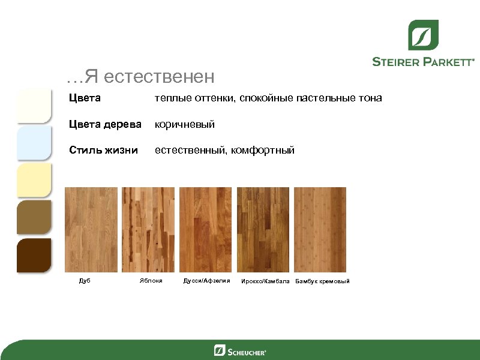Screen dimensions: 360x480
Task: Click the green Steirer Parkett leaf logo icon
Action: tap(423, 35)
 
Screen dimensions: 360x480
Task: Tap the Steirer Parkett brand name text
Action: tap(423, 61)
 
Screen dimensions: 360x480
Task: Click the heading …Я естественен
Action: tap(140, 77)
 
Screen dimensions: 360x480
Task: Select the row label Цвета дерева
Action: tap(105, 124)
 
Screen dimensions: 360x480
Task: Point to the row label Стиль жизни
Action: tap(103, 150)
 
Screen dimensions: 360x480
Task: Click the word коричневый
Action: tap(185, 124)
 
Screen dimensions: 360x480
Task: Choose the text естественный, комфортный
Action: tap(224, 150)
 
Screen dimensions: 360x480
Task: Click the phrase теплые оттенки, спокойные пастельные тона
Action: tap(268, 98)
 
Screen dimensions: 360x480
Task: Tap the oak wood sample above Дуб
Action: tap(91, 230)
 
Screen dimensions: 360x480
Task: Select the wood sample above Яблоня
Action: tap(148, 230)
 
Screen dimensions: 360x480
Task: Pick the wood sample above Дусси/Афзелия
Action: tap(206, 230)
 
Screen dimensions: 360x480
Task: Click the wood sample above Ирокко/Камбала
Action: tap(263, 230)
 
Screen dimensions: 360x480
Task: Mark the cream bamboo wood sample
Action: tap(321, 230)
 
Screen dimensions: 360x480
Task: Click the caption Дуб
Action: tap(85, 281)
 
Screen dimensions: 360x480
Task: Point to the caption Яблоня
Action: tap(151, 281)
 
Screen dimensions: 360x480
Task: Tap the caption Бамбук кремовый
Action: tap(322, 281)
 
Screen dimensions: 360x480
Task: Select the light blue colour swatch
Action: tap(34, 143)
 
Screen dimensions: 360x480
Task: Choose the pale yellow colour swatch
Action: tap(34, 180)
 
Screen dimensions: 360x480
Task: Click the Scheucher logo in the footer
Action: tap(239, 350)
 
